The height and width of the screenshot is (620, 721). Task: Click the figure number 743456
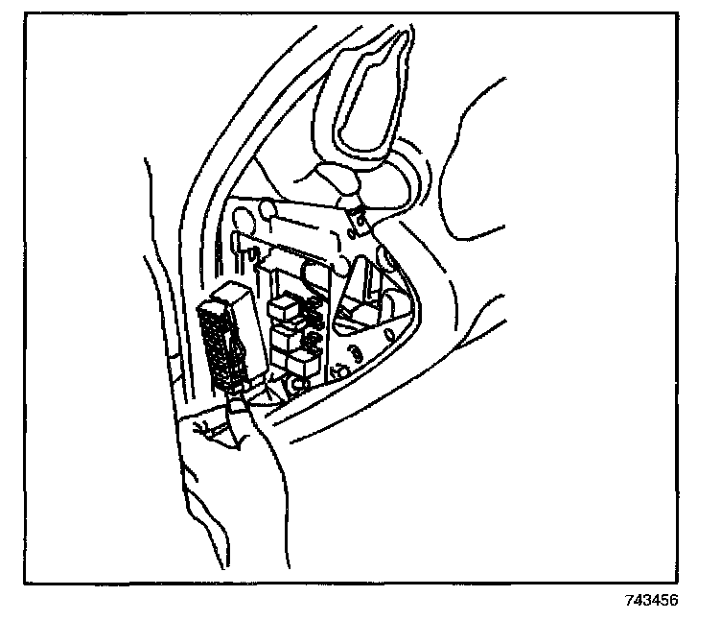click(651, 602)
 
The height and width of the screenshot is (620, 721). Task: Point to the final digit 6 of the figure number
click(675, 602)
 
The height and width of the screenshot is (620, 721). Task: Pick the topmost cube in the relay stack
click(284, 306)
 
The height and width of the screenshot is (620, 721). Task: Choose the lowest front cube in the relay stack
click(301, 362)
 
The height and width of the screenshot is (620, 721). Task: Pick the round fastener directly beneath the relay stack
click(298, 385)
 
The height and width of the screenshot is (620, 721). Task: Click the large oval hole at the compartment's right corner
click(390, 258)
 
